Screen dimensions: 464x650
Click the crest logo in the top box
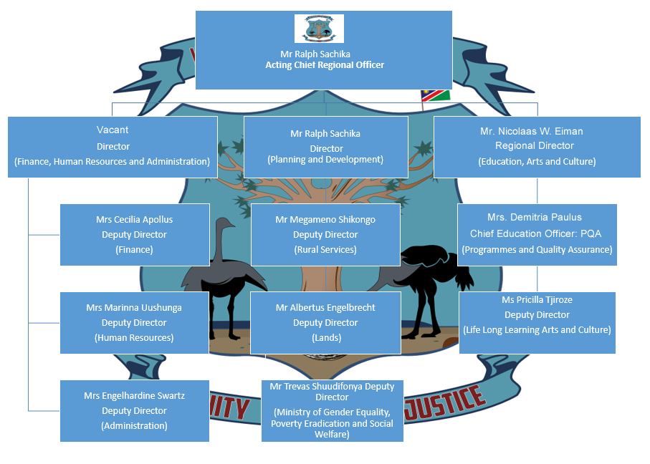[x=319, y=29]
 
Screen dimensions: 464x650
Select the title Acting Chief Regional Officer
[x=325, y=65]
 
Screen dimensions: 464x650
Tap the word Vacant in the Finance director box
[x=113, y=130]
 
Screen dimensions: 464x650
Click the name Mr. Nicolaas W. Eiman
[x=531, y=131]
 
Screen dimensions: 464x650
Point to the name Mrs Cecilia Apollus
[x=134, y=219]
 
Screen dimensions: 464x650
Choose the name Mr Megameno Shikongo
[x=325, y=219]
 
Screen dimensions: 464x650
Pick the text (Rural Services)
[x=325, y=250]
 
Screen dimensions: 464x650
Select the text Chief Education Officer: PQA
[x=537, y=233]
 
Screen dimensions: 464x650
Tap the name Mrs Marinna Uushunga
[x=134, y=307]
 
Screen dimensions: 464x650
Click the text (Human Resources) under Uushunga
[x=134, y=337]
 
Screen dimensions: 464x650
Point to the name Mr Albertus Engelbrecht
[x=325, y=307]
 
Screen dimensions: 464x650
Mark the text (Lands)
[x=325, y=337]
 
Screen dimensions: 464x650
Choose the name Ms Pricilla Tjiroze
[x=537, y=299]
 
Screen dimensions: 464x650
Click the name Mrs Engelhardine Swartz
[x=135, y=395]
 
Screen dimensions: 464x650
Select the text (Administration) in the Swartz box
[x=135, y=425]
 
